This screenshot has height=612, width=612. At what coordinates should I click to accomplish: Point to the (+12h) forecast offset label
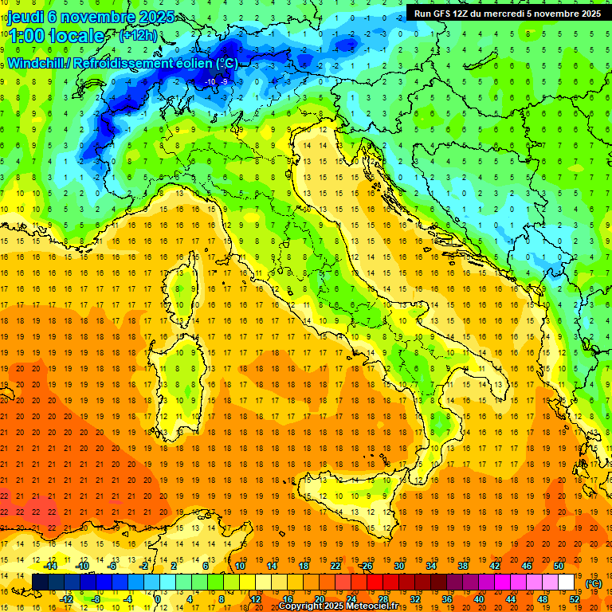coord(137,36)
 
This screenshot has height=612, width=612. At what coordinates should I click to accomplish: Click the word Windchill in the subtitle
coord(37,64)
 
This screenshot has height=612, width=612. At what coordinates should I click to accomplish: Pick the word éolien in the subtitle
coord(196,64)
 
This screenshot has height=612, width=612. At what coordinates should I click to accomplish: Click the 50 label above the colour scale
coord(558,566)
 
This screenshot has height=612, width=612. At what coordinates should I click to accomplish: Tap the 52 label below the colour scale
coord(574,598)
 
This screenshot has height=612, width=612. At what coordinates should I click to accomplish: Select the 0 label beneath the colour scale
coord(158,598)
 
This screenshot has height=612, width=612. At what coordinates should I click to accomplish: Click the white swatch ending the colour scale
coord(566,583)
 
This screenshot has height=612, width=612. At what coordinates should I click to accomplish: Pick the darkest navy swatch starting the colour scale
coord(40,583)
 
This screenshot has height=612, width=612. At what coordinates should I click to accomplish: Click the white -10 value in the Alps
coord(211,81)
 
